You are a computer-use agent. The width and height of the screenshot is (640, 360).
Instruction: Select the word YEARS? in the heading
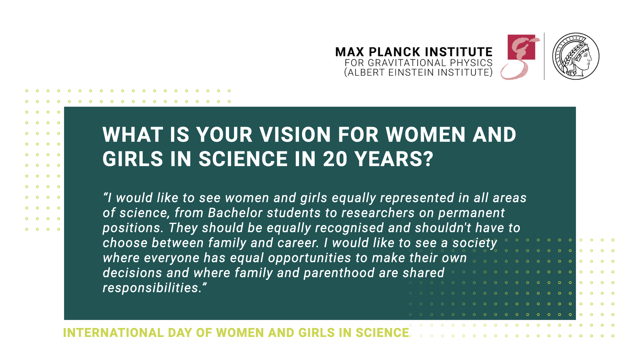(x=394, y=159)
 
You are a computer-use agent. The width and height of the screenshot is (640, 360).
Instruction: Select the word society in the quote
(x=475, y=243)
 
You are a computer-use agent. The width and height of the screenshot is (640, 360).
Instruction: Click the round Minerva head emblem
(x=576, y=56)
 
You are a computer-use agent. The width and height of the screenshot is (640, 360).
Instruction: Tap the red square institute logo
(x=522, y=47)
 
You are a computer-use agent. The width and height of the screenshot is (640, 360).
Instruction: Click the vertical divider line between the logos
(x=544, y=56)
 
